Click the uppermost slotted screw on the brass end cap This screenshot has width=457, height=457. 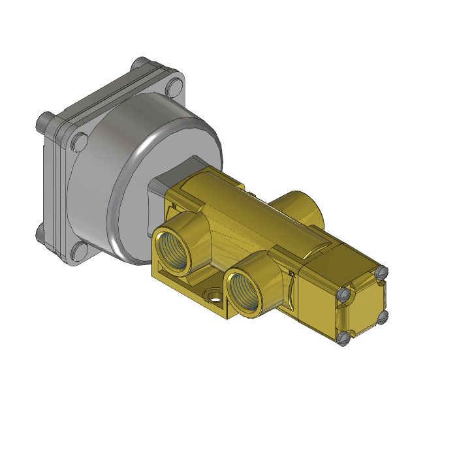click(x=383, y=271)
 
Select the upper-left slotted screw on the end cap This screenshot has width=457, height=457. click(x=343, y=295)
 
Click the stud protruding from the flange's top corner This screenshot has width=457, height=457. click(x=138, y=63)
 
